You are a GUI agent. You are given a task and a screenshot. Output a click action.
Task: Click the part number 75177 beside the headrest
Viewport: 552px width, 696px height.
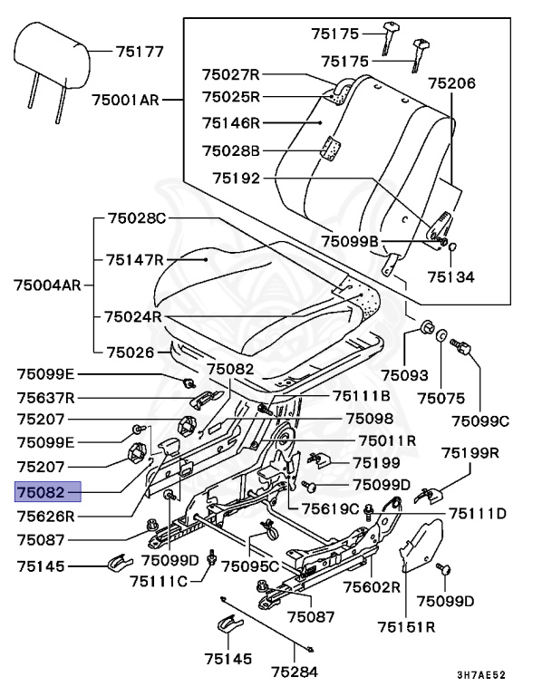pos(140,51)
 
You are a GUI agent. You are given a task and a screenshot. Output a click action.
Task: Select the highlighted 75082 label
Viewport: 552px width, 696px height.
pos(45,492)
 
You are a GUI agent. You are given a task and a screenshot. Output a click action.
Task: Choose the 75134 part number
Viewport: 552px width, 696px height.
pos(450,277)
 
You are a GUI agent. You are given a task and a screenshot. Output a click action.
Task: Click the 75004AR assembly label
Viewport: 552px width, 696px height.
pos(48,285)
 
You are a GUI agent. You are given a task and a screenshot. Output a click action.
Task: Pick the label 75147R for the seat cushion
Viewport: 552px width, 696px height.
pos(134,260)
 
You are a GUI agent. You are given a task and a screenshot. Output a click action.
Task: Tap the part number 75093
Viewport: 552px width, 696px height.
pos(402,374)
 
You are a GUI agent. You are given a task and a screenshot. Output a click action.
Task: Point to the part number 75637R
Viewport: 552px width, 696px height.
pos(45,397)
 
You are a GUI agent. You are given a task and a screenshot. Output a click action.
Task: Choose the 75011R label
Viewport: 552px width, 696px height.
pos(387,440)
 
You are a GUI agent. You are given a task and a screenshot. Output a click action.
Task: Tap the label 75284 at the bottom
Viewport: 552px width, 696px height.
pos(296,672)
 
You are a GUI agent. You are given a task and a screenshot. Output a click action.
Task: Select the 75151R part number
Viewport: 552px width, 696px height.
pos(407,625)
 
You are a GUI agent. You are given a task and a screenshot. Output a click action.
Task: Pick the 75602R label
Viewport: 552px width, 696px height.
pos(372,586)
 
